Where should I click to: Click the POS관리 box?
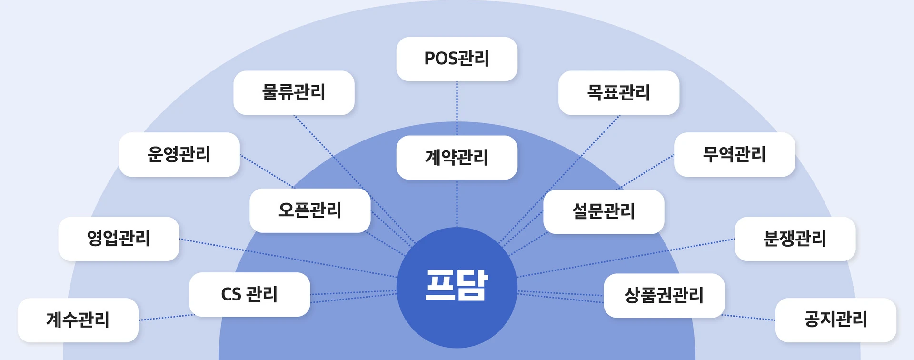tap(457, 59)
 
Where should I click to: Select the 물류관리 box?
tap(294, 93)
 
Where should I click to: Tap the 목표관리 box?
tap(619, 93)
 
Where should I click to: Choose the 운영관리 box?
tap(179, 155)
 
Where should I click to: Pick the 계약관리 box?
tap(457, 158)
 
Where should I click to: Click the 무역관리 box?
tap(735, 155)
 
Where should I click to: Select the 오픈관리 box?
tap(310, 210)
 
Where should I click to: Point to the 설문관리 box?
tap(604, 212)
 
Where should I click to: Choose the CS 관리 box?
tap(249, 295)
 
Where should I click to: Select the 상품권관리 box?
tap(664, 296)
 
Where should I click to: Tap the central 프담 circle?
tap(457, 288)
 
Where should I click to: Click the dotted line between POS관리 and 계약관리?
tap(457, 108)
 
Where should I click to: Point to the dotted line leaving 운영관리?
tap(268, 171)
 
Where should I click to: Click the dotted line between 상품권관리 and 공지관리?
tap(748, 318)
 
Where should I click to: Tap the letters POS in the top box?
tap(440, 59)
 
